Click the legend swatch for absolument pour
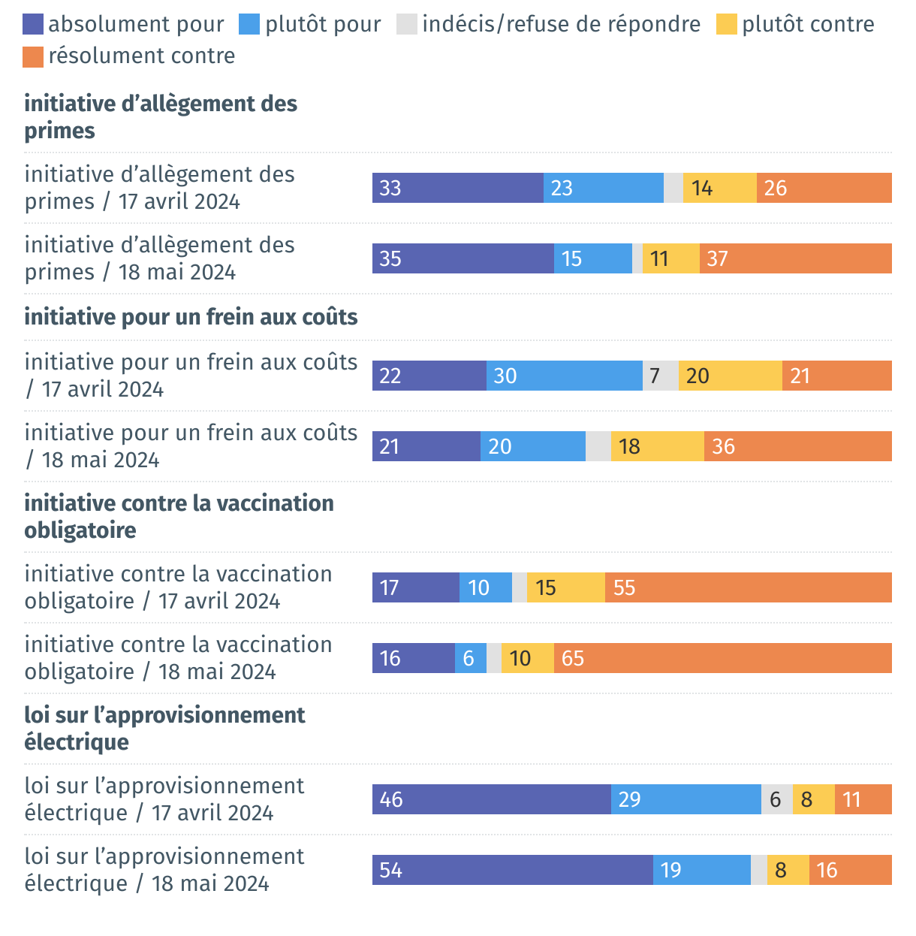[33, 25]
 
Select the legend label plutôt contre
[808, 25]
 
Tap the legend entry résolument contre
[142, 56]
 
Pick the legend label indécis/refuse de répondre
[561, 25]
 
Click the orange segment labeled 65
[722, 658]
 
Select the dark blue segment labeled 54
[512, 870]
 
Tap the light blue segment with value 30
[564, 376]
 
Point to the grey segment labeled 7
[660, 376]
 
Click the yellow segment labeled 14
[719, 188]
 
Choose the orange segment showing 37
[795, 258]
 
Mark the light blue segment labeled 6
[470, 658]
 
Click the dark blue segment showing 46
[491, 799]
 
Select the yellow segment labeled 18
[657, 446]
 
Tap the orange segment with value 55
[748, 587]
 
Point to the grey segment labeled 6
[776, 799]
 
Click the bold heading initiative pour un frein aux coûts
[191, 317]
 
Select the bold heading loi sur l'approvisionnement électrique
[164, 728]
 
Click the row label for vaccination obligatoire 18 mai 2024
[178, 658]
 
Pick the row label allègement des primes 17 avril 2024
[159, 188]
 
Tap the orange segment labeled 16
[850, 870]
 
